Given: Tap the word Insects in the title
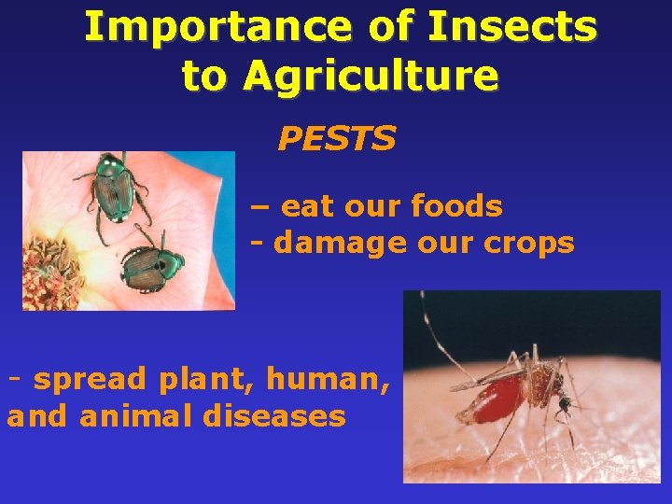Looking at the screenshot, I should (x=511, y=28).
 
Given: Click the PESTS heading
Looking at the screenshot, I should (x=337, y=139).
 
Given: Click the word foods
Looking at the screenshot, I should (x=456, y=206).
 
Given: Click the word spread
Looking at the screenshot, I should (x=91, y=379).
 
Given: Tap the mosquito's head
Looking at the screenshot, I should (x=564, y=404).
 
